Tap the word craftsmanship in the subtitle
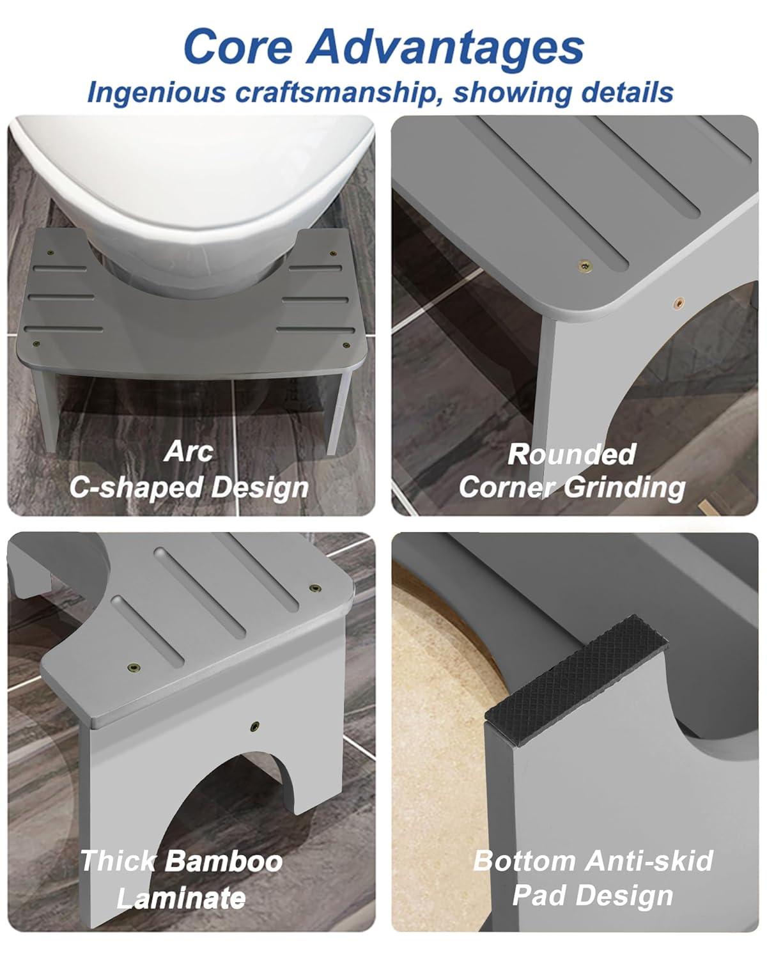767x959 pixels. tap(338, 93)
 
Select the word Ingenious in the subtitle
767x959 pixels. tap(157, 93)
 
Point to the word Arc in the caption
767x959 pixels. tap(189, 452)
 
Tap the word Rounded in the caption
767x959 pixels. tap(572, 454)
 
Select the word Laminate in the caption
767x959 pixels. tap(181, 898)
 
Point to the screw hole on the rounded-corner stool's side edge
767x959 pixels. tap(679, 302)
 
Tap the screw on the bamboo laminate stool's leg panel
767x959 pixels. tap(255, 726)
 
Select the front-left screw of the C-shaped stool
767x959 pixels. tap(36, 343)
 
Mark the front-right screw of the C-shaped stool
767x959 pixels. tap(345, 345)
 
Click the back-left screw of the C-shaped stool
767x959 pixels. tap(50, 253)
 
